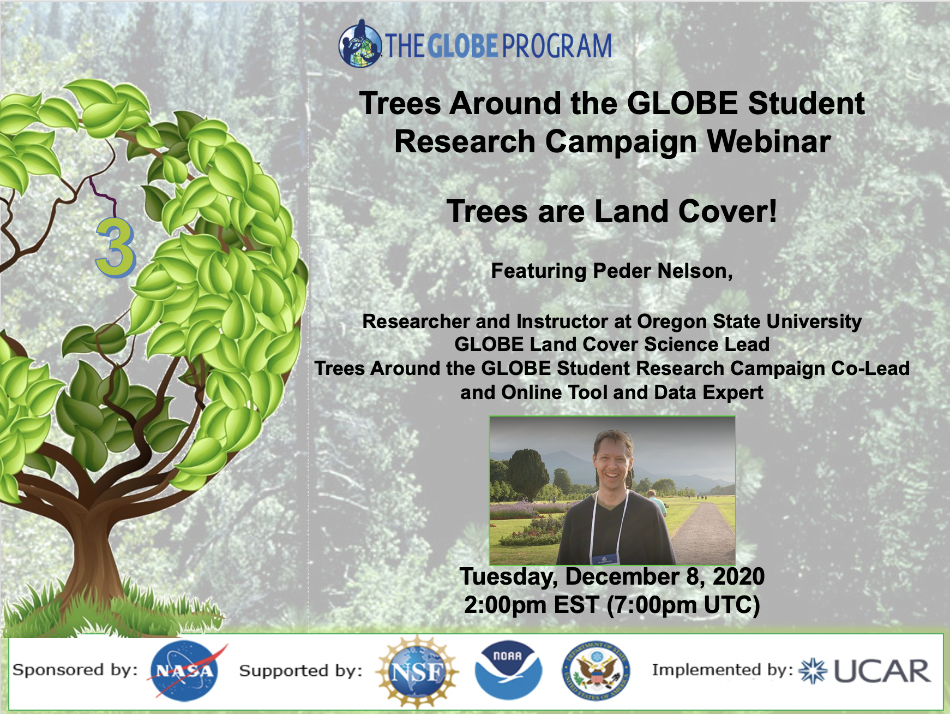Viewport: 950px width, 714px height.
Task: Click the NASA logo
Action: pos(186,671)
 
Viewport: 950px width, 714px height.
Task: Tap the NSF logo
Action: pos(418,671)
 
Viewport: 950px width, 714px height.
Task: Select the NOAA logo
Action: pos(508,670)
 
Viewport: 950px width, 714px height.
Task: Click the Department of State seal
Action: pos(596,671)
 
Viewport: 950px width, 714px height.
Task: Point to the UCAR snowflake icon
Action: pos(813,671)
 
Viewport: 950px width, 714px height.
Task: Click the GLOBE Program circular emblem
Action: pos(360,44)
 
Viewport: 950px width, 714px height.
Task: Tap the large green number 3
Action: pos(115,248)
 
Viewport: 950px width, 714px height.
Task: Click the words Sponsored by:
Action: pos(75,670)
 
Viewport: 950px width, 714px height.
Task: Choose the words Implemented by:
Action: pos(723,670)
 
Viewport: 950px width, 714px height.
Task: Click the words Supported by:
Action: pos(300,671)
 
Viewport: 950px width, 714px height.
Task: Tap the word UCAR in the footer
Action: pos(882,671)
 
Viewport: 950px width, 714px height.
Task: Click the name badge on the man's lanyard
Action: pos(605,559)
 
